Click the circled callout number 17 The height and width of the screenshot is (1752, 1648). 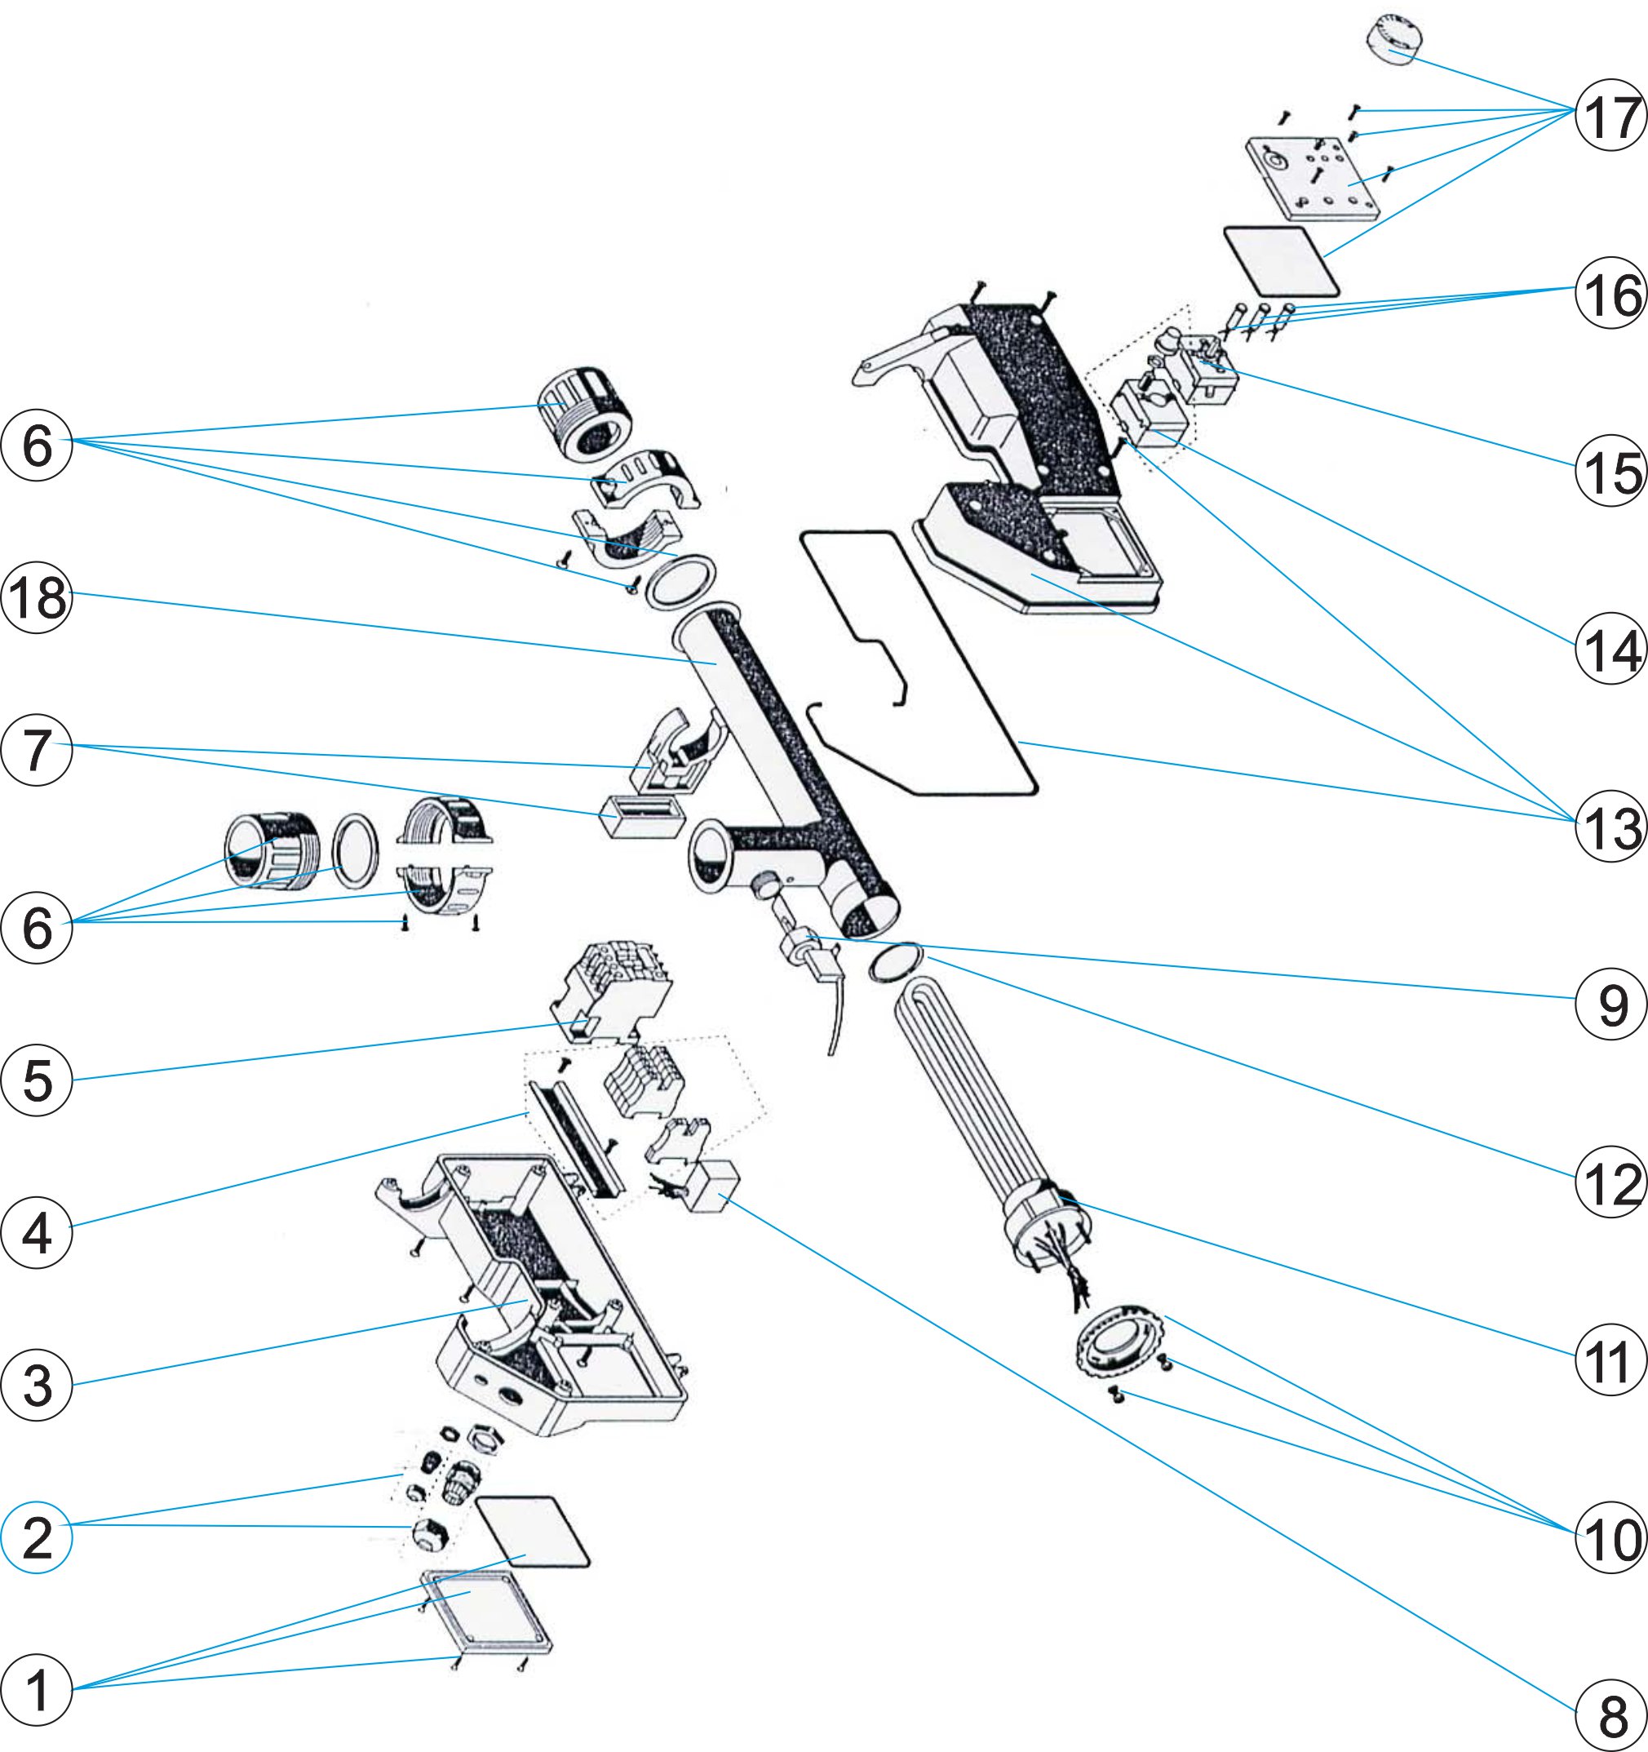(x=1610, y=115)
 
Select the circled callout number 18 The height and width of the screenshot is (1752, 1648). (x=36, y=598)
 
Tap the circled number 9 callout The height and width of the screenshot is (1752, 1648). (x=1610, y=1004)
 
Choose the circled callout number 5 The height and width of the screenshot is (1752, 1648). (x=36, y=1080)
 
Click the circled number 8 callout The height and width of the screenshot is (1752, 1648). (x=1610, y=1716)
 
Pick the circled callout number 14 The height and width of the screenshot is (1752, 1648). (x=1610, y=650)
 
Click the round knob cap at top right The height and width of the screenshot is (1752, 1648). (x=1395, y=40)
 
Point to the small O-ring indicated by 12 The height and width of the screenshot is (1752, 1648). (x=895, y=963)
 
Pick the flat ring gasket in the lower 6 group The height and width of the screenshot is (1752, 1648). (x=355, y=852)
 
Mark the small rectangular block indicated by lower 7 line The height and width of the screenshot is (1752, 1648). (x=642, y=817)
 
